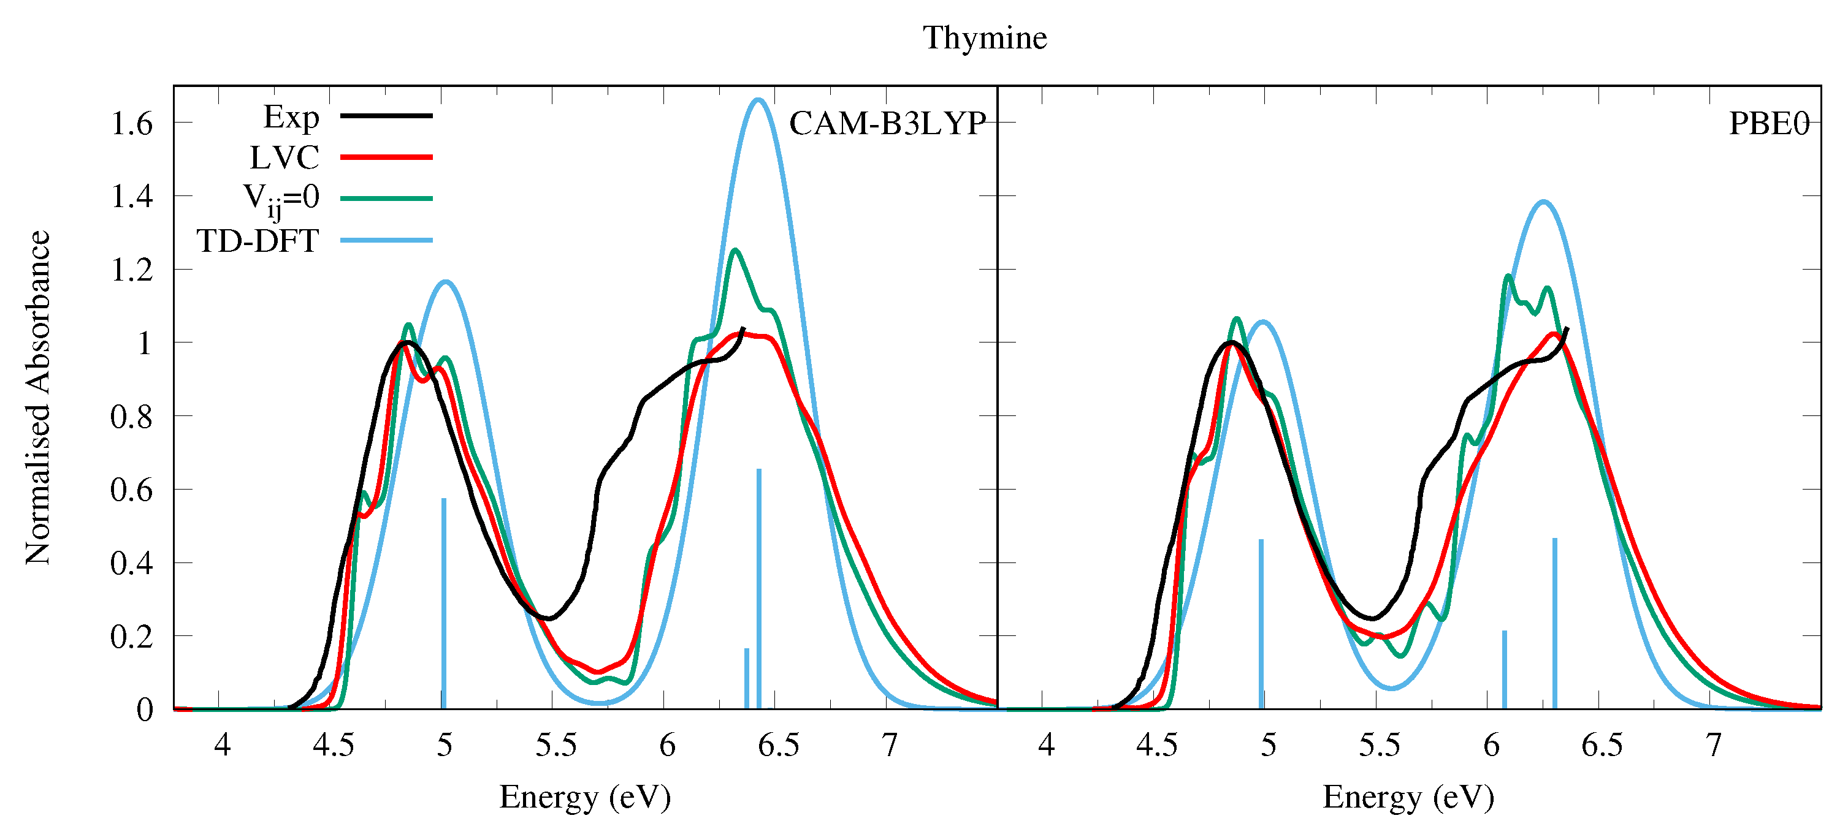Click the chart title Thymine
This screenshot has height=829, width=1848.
click(x=984, y=37)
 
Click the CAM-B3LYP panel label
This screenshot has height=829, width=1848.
click(x=887, y=123)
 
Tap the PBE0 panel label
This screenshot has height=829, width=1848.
click(x=1768, y=123)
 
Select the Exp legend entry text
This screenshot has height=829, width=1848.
click(x=291, y=117)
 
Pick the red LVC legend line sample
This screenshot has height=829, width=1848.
click(x=386, y=156)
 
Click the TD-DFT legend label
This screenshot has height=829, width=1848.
click(x=258, y=241)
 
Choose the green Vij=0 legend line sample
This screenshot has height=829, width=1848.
click(x=386, y=198)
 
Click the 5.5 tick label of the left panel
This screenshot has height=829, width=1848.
click(x=556, y=745)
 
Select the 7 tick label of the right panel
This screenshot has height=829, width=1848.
click(x=1713, y=745)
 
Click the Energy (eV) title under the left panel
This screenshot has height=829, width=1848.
click(x=585, y=797)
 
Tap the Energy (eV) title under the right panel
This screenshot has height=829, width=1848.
click(x=1408, y=797)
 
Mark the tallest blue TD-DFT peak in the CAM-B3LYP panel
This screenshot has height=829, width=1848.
click(x=758, y=100)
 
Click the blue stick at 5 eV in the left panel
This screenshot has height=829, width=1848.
click(x=443, y=602)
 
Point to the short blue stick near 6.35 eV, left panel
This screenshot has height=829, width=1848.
click(x=746, y=678)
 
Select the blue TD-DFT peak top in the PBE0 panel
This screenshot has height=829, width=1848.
click(x=1543, y=202)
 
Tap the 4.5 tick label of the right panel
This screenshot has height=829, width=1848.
click(x=1156, y=745)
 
